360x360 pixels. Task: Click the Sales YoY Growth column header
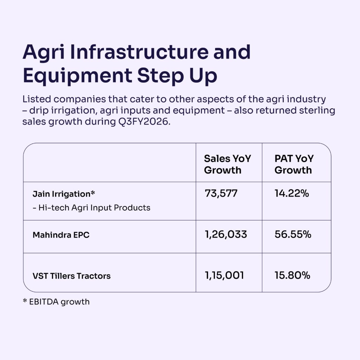coord(227,165)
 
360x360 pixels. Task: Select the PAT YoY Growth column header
coord(294,165)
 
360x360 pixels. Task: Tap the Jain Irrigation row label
coord(64,194)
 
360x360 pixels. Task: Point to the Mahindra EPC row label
coord(61,235)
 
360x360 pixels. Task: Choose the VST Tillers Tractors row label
coord(71,276)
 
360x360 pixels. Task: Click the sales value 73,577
coord(221,193)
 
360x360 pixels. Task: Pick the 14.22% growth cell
coord(291,193)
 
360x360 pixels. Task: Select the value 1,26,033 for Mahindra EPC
coord(226,234)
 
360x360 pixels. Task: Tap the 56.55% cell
coord(293,234)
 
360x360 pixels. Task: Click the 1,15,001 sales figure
coord(224,275)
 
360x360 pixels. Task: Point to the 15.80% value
coord(292,275)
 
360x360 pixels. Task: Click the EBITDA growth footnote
coord(56,302)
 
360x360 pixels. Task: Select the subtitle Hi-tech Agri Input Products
coord(91,207)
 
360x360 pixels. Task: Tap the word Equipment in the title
coord(77,76)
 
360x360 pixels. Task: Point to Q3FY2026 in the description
coord(144,121)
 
